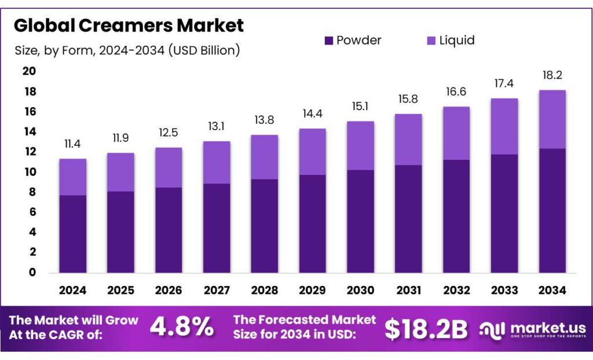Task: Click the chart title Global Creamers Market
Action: point(129,26)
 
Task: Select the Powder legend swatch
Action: point(329,41)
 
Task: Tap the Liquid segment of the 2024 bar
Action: point(73,177)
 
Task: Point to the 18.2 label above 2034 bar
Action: point(552,75)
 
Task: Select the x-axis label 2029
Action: point(313,290)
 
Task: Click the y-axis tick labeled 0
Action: point(31,273)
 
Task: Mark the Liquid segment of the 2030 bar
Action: point(360,145)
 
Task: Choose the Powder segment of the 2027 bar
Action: point(217,228)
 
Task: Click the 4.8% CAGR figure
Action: point(181,328)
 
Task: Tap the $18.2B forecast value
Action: point(426,329)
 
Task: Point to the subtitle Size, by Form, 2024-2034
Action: point(127,50)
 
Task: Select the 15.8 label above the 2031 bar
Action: point(408,100)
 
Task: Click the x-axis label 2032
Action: point(456,290)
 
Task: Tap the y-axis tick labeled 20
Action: point(29,71)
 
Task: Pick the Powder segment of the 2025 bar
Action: point(120,232)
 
